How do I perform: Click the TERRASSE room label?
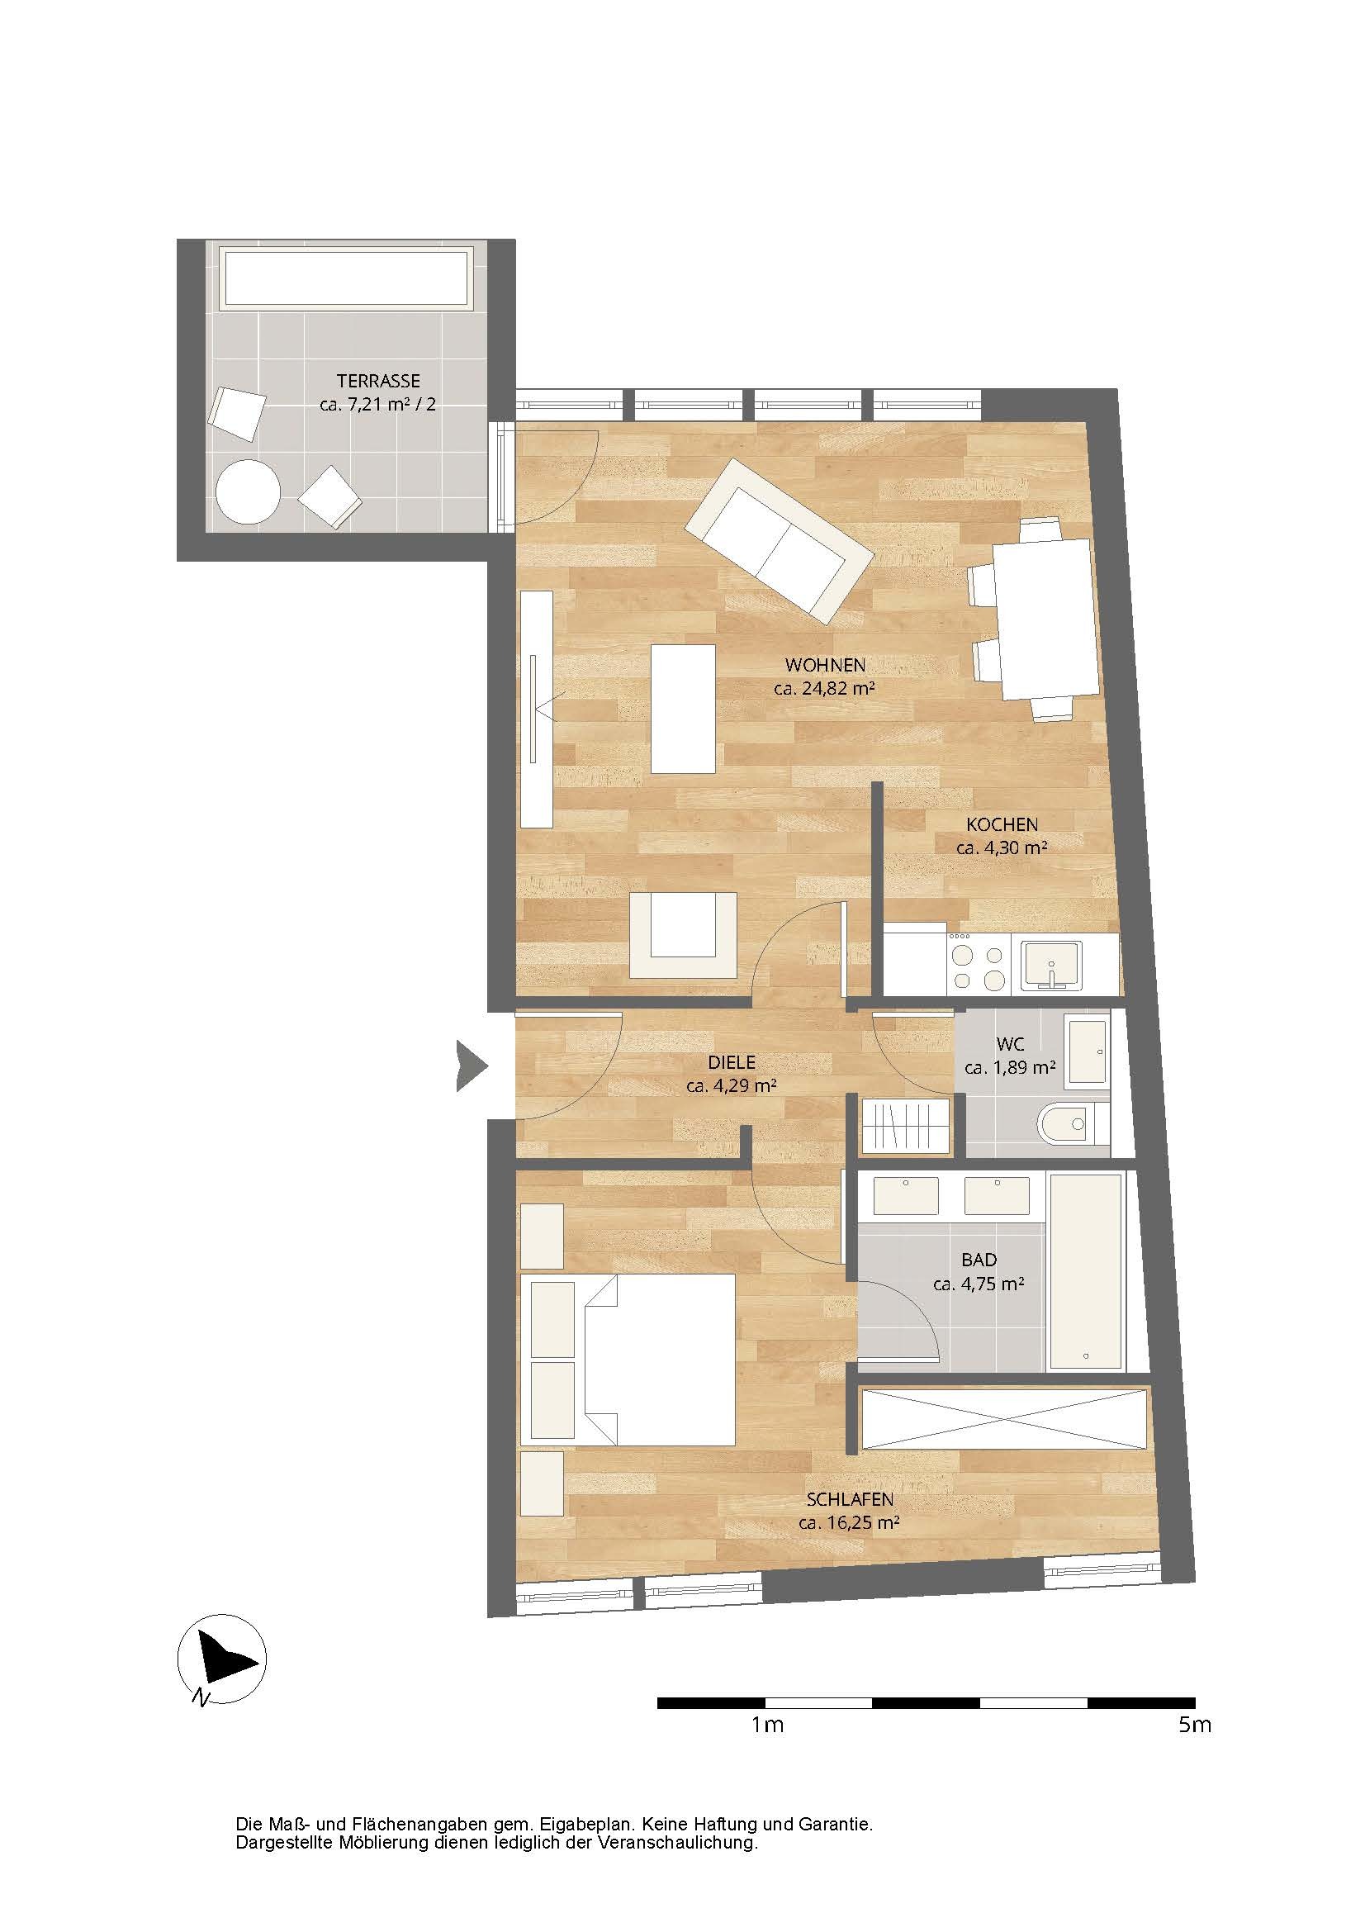coord(378,381)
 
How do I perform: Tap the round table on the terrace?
coord(248,491)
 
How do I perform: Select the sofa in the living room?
coord(779,540)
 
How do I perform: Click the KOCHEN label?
coord(1002,824)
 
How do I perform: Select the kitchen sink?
coord(1051,965)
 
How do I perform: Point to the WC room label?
coord(1010,1044)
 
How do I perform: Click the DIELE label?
coord(732,1063)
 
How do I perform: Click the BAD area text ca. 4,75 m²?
coord(979,1284)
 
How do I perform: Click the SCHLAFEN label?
coord(850,1499)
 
